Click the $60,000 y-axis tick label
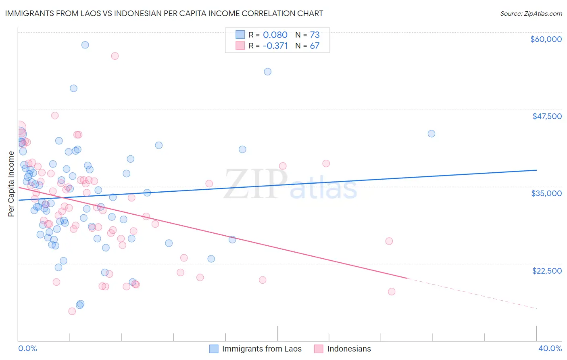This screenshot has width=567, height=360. click(546, 39)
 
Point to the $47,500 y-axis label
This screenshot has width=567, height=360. click(547, 116)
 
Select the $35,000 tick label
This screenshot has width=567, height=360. click(546, 193)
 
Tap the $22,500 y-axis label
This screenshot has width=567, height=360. click(547, 270)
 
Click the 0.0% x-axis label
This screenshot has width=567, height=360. click(27, 349)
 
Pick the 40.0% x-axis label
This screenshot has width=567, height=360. click(550, 349)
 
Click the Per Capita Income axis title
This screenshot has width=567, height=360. click(11, 184)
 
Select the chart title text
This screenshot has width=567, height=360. click(164, 13)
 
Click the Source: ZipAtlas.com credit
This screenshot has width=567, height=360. click(531, 13)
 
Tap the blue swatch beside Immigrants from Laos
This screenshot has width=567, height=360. click(214, 349)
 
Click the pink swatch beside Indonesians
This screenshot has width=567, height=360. click(319, 349)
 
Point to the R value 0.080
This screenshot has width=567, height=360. click(275, 35)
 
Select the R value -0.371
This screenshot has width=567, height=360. click(275, 46)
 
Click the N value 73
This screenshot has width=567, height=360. click(315, 35)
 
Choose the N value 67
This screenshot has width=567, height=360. click(315, 46)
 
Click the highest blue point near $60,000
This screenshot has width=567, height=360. click(85, 45)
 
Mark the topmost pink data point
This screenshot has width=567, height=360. click(115, 56)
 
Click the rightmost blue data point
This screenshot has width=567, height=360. click(432, 134)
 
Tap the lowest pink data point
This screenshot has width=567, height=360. click(72, 311)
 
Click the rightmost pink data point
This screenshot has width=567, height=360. click(392, 292)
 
